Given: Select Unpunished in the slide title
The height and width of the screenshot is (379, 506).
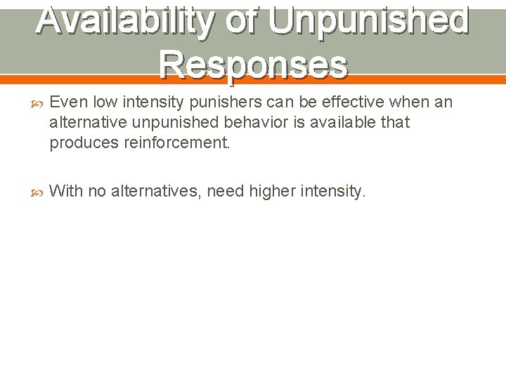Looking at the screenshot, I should point(369,20).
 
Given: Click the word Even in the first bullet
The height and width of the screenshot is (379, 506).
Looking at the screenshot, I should point(65,103).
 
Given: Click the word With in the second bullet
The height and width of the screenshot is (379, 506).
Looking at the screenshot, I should point(65,190).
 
